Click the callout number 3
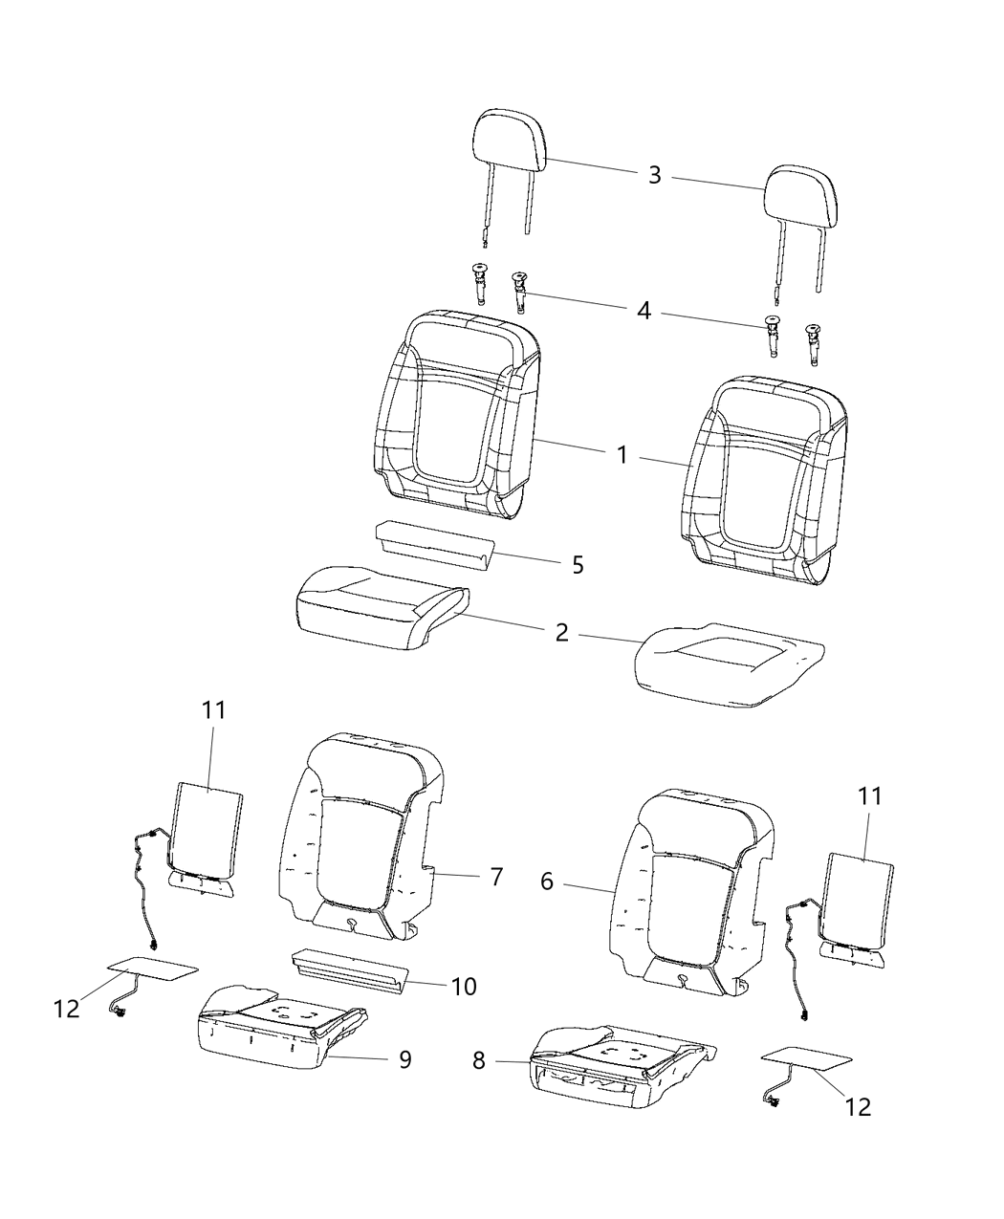pos(654,175)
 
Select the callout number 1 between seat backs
pos(622,455)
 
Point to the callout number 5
pos(578,564)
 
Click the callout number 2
pos(561,632)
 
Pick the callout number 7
pos(496,877)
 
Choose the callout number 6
pos(547,881)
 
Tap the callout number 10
pos(464,986)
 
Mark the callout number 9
pos(404,1059)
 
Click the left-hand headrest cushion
pos(509,139)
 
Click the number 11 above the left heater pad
pos(213,710)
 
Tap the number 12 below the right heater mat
pos(859,1106)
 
